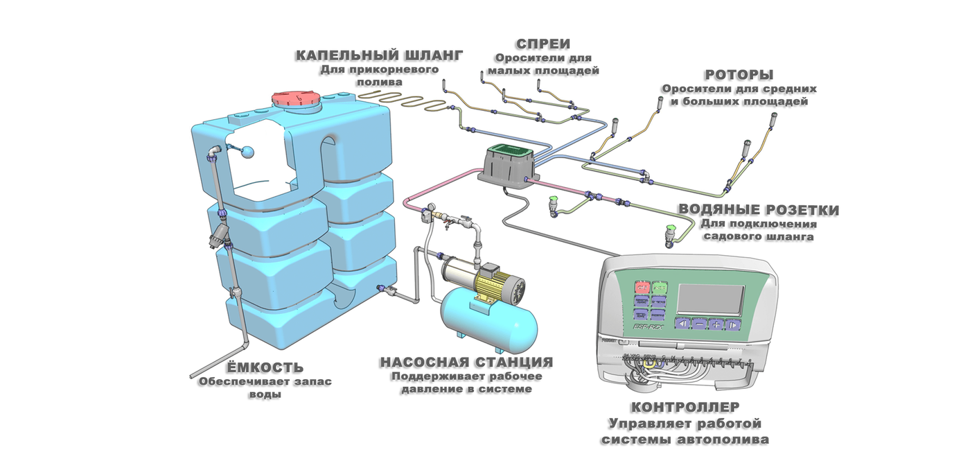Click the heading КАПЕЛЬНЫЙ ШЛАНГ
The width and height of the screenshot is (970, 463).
[x=378, y=55]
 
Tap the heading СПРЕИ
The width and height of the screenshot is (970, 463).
[x=543, y=44]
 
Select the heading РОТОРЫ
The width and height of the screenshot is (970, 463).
[x=739, y=75]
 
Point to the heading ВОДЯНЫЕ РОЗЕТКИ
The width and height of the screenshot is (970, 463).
[x=758, y=210]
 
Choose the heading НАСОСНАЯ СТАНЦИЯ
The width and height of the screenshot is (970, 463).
[x=466, y=362]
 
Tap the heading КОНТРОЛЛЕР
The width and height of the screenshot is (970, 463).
[x=685, y=407]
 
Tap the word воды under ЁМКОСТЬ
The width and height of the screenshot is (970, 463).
[x=265, y=395]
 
